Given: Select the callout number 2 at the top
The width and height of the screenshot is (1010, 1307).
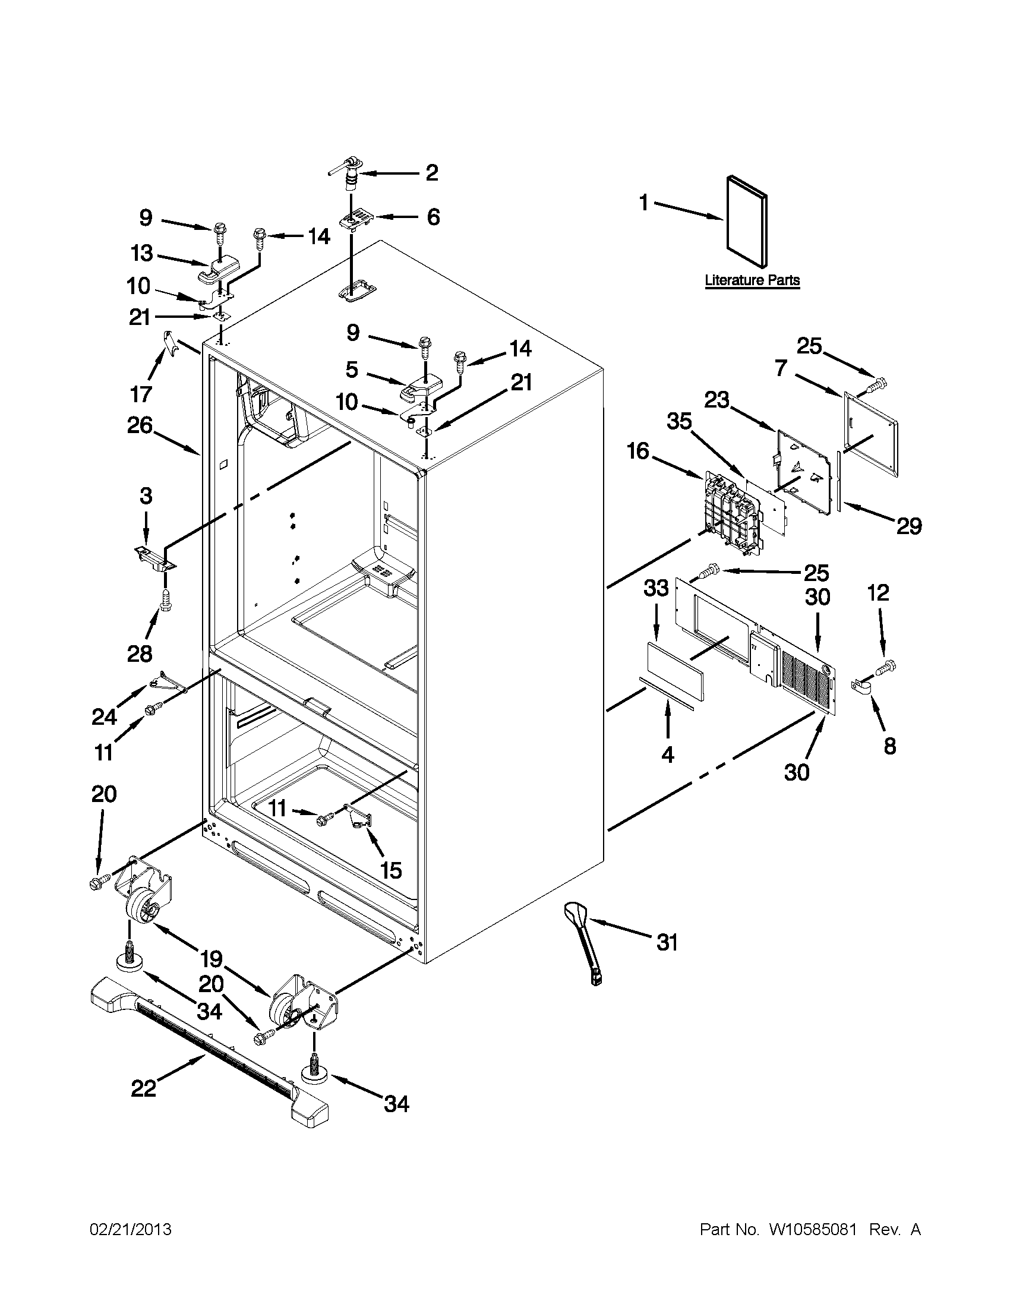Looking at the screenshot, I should coord(431,173).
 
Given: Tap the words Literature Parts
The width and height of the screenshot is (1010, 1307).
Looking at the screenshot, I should coord(752,280).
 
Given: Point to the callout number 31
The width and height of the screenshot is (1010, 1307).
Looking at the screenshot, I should coord(667,943).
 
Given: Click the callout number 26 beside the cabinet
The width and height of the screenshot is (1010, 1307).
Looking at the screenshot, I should coord(140,425).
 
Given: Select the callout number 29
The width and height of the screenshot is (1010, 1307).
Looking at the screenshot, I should coord(908,526).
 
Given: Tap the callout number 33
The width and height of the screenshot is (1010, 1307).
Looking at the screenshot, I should coord(656,589).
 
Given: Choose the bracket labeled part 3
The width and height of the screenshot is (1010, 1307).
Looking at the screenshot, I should coord(153,559).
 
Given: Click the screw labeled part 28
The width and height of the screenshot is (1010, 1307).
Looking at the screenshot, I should coord(166,600).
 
